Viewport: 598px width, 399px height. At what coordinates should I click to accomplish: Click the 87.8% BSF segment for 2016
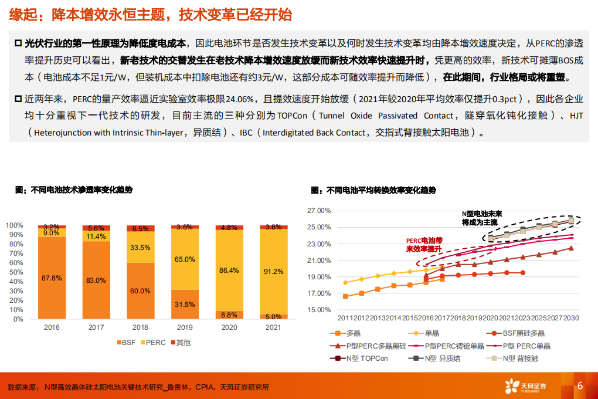click(52, 278)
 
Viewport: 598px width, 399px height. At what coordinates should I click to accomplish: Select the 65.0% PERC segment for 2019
click(185, 259)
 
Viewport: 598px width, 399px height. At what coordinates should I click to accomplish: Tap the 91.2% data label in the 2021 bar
click(274, 272)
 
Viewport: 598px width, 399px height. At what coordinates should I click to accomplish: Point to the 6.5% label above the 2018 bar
click(141, 228)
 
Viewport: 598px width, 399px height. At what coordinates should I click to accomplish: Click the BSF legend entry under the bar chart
click(124, 342)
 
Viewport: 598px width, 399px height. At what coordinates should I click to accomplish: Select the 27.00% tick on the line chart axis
click(320, 211)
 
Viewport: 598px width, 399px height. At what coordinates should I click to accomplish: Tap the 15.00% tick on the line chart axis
click(320, 310)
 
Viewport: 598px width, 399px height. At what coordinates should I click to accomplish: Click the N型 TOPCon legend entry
click(354, 357)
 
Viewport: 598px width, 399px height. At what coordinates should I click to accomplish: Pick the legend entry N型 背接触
click(516, 357)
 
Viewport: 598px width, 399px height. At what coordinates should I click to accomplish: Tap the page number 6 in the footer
click(580, 386)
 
